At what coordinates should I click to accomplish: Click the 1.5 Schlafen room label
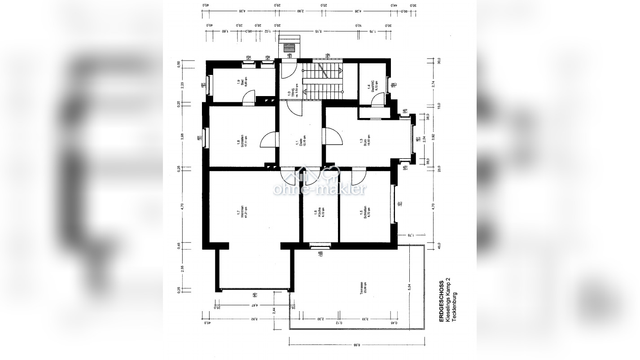(x=365, y=212)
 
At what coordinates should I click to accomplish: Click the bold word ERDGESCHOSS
(x=442, y=301)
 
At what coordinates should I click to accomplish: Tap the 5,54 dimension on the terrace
(x=409, y=288)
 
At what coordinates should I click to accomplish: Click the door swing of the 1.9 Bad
(x=250, y=97)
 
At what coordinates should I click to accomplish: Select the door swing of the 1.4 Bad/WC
(x=380, y=99)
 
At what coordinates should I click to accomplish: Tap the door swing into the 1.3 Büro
(x=333, y=136)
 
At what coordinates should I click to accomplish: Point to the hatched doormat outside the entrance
(x=290, y=48)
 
